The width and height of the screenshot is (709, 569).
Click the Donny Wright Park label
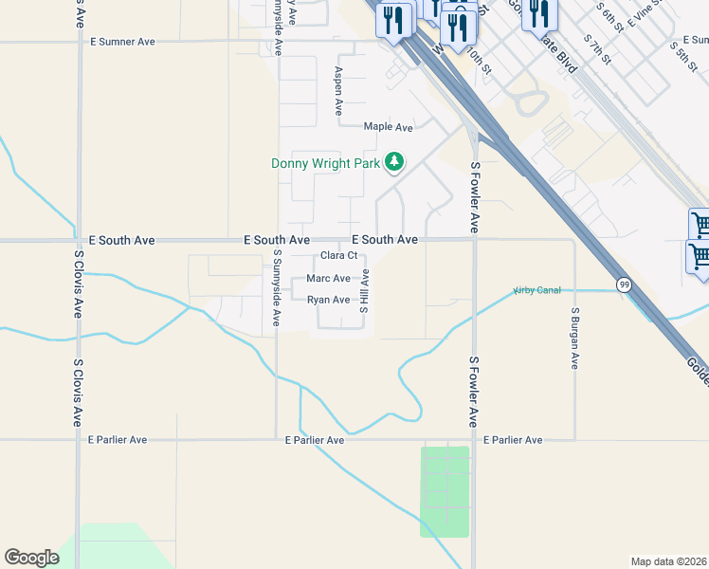pyautogui.click(x=326, y=163)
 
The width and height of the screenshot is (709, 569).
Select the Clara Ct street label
pyautogui.click(x=338, y=255)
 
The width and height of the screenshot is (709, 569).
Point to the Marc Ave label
pyautogui.click(x=328, y=279)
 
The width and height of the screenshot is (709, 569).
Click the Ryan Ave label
pyautogui.click(x=328, y=300)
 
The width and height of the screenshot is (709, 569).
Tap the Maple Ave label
pyautogui.click(x=389, y=127)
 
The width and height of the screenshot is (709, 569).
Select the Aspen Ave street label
pyautogui.click(x=337, y=91)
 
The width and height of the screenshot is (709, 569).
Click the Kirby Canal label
pyautogui.click(x=536, y=289)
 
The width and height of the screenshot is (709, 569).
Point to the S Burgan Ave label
pyautogui.click(x=574, y=338)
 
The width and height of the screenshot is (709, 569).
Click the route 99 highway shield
pyautogui.click(x=623, y=284)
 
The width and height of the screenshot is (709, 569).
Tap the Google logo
pyautogui.click(x=31, y=558)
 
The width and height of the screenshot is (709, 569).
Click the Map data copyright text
pyautogui.click(x=669, y=561)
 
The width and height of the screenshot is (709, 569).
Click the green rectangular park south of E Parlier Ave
pyautogui.click(x=445, y=491)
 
